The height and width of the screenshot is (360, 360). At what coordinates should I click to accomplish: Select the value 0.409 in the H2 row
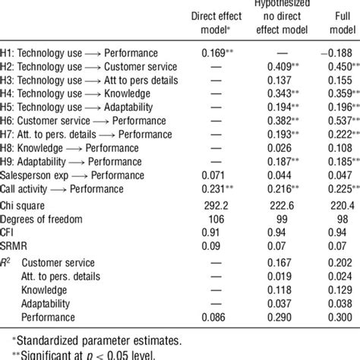tap(273, 67)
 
